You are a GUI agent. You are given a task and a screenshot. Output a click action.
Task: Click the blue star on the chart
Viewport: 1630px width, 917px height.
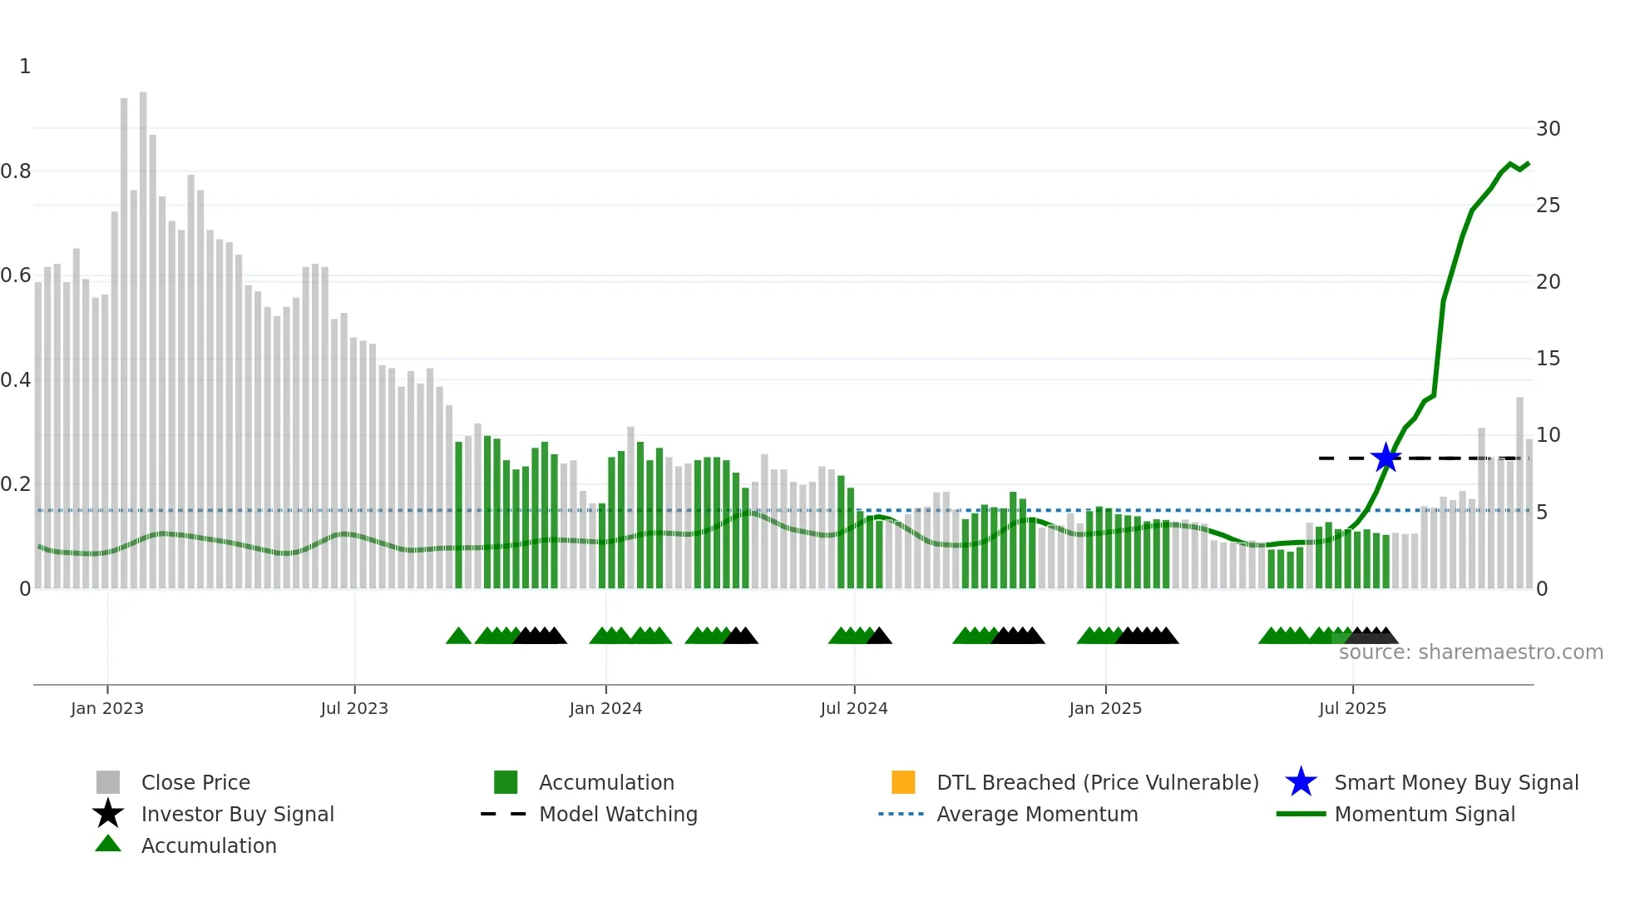tap(1385, 458)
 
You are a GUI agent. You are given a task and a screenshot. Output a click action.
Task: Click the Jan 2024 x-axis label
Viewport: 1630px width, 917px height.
tap(605, 708)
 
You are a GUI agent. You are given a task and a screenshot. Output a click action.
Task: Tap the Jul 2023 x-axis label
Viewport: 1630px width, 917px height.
tap(354, 708)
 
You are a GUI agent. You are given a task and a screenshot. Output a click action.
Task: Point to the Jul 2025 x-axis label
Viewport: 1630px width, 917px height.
tap(1352, 708)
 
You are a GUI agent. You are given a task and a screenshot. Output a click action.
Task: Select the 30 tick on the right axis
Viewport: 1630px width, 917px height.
tap(1548, 129)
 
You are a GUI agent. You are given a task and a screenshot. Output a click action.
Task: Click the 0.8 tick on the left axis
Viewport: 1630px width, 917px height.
tap(17, 171)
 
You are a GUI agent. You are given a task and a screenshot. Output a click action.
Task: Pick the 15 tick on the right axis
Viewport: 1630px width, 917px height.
tap(1548, 359)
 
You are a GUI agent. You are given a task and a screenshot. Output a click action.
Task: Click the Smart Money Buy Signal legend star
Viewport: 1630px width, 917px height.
tap(1301, 782)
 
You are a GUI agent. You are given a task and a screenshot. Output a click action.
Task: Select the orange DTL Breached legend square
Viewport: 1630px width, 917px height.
tap(903, 782)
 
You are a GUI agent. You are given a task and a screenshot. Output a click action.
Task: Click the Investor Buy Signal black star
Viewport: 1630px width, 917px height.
tap(108, 814)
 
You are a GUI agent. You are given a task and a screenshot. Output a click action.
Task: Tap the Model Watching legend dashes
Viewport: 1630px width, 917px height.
tap(503, 814)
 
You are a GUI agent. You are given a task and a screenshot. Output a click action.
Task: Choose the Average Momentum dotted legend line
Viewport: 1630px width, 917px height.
tap(901, 814)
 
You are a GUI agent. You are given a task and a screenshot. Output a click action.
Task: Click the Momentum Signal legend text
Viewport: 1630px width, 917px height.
tap(1424, 814)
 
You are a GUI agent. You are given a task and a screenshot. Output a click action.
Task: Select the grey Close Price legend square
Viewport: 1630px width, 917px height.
tap(108, 782)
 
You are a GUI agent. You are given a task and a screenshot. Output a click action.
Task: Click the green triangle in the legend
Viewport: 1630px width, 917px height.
tap(108, 844)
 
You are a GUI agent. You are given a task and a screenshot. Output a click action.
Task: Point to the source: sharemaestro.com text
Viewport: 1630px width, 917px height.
tap(1470, 652)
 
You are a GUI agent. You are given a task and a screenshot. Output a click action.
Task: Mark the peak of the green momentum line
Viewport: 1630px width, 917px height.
tap(1528, 163)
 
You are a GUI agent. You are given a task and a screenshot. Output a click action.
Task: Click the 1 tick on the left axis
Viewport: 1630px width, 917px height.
tap(25, 67)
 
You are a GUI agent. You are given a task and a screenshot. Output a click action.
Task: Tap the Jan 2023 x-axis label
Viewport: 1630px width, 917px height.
tap(107, 708)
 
